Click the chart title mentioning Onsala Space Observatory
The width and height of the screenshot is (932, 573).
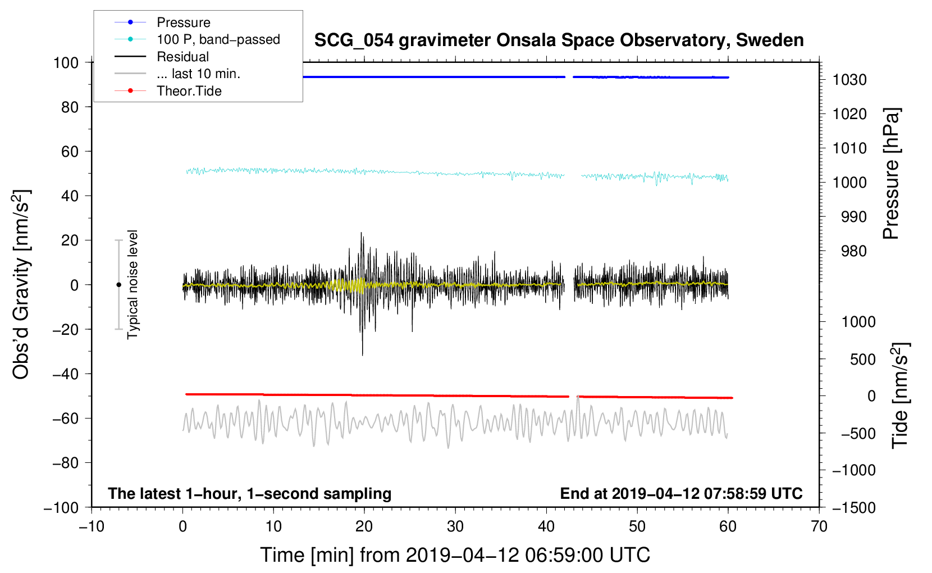click(559, 40)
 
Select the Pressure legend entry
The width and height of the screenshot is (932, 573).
click(183, 22)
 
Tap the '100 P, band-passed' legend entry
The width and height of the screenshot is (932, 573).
click(218, 39)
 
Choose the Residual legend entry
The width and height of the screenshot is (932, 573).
click(182, 57)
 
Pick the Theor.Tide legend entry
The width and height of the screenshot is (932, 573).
click(189, 91)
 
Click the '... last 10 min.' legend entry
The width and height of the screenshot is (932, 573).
click(198, 74)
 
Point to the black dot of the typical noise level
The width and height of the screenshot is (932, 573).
click(118, 285)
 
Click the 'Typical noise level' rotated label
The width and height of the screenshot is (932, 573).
click(133, 285)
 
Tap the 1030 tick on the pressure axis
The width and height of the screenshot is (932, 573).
click(849, 80)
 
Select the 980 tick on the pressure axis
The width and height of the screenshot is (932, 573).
click(853, 251)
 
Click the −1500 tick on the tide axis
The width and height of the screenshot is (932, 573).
click(853, 507)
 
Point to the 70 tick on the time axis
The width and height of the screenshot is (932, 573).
click(819, 526)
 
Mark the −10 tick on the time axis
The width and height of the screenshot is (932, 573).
click(92, 526)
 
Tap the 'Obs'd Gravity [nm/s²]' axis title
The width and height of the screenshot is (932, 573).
click(21, 285)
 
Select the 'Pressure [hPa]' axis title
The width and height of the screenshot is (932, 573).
click(891, 174)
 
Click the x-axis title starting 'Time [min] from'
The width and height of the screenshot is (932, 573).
click(455, 555)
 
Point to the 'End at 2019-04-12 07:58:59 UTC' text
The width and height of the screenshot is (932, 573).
click(681, 493)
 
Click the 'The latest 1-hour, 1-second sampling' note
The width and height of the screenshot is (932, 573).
click(250, 493)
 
